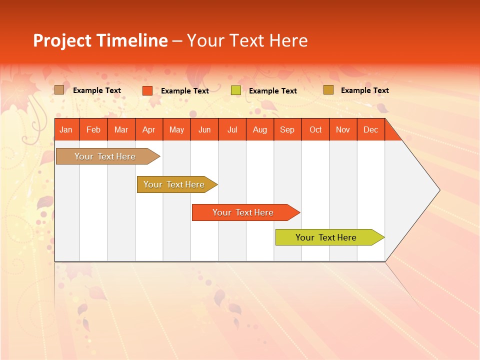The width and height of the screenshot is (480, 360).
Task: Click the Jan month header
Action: point(66,129)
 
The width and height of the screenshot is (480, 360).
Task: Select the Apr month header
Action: point(148,129)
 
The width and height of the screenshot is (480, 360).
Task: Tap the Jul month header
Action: point(232,129)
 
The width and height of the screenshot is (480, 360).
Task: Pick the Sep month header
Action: point(287,129)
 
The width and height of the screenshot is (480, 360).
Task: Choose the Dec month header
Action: point(370,129)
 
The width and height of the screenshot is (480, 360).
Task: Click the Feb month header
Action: point(93,129)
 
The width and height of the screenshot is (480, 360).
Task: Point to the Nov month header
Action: point(342,129)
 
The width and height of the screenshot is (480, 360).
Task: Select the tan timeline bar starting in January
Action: point(105,156)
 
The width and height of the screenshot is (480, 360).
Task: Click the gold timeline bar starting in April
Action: point(174,184)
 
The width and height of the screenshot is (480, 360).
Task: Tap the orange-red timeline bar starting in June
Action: point(243,212)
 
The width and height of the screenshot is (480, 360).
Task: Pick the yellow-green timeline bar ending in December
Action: point(326,237)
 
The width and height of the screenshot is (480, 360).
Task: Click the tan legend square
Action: point(59,90)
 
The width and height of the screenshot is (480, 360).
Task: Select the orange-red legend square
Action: point(147,90)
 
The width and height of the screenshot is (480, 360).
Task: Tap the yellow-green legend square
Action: point(235,90)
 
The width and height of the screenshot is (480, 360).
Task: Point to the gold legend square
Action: point(328,90)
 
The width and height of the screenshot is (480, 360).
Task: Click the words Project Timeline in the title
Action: point(100,40)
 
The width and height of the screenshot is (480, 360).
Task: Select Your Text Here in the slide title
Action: point(247,40)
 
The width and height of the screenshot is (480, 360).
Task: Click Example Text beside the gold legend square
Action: point(364,90)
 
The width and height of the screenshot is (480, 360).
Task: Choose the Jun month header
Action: point(204,129)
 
